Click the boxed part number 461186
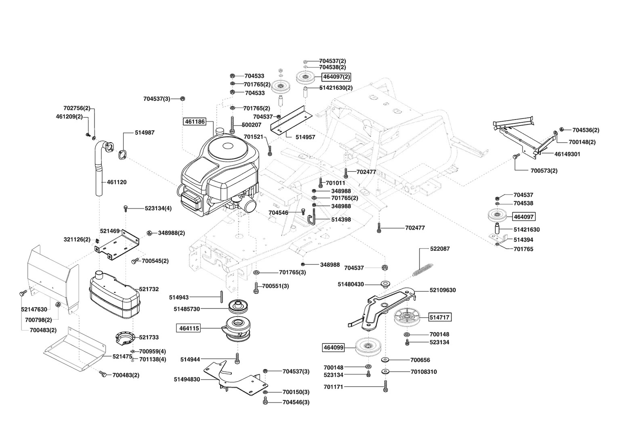pyautogui.click(x=195, y=121)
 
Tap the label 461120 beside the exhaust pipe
pyautogui.click(x=117, y=182)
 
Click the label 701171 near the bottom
pyautogui.click(x=333, y=387)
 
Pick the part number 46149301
pyautogui.click(x=567, y=154)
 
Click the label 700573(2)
pyautogui.click(x=544, y=171)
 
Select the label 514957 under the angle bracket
pyautogui.click(x=305, y=137)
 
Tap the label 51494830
pyautogui.click(x=187, y=379)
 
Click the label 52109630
pyautogui.click(x=443, y=290)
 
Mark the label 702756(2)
pyautogui.click(x=77, y=108)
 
